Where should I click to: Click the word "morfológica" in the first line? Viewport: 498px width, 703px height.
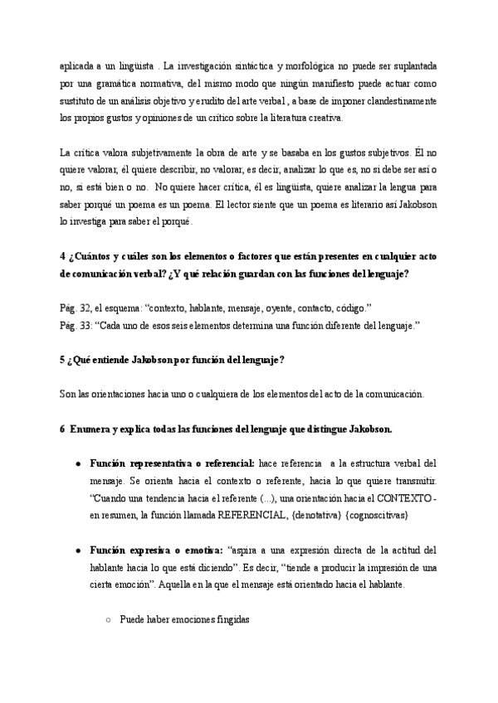pos(310,65)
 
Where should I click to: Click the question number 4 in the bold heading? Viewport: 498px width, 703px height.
pos(64,257)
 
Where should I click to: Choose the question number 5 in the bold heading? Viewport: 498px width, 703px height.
pos(64,360)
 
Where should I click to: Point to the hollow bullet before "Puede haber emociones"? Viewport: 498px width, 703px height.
pos(108,619)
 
